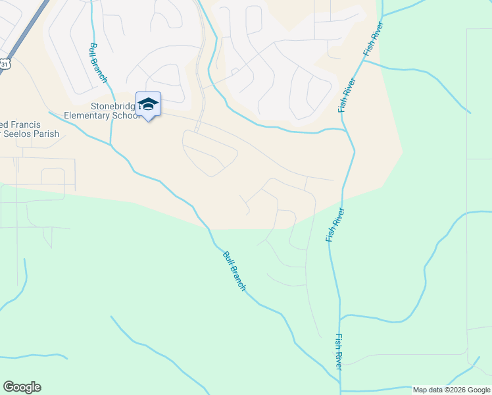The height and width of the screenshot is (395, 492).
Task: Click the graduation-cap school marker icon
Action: [148, 104]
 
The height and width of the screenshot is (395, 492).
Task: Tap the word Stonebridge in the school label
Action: [112, 107]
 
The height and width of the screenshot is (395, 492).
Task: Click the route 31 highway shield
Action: [5, 64]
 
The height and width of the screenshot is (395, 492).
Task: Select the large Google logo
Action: [22, 387]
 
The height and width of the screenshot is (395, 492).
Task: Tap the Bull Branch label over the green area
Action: [234, 271]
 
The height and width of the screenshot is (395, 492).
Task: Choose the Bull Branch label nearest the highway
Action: [98, 63]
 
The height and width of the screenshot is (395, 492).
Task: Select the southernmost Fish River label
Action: [338, 352]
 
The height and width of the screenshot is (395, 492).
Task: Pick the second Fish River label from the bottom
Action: [335, 226]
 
